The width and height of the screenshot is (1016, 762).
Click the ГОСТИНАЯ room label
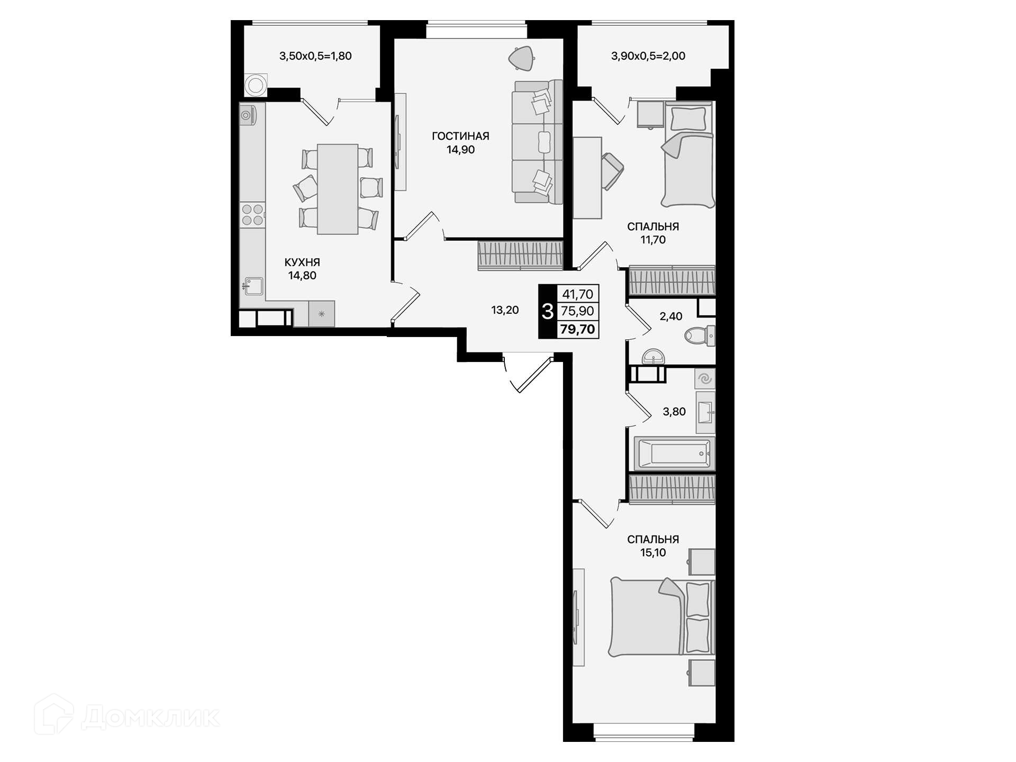(460, 136)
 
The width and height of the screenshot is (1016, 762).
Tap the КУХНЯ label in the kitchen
(302, 262)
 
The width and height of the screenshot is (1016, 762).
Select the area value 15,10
(653, 553)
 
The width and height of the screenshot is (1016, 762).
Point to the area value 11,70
(653, 240)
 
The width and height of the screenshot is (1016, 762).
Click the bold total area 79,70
(577, 329)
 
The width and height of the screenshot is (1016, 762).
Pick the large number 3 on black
(548, 312)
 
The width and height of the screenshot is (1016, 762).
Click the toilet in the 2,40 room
(700, 336)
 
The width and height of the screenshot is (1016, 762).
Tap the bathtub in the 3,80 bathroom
(674, 453)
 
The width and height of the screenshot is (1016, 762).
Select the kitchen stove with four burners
(252, 215)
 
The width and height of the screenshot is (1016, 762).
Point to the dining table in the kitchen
(338, 189)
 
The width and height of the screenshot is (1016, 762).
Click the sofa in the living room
(537, 141)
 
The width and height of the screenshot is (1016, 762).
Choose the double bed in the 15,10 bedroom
(662, 616)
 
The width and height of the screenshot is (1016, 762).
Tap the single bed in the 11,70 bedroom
(687, 155)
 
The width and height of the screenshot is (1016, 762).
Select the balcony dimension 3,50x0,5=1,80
(315, 56)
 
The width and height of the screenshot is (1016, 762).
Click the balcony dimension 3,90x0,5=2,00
(648, 56)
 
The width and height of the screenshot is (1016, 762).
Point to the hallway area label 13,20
(505, 310)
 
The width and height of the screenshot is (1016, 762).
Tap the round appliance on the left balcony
(256, 85)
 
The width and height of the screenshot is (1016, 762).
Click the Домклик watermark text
(150, 718)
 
